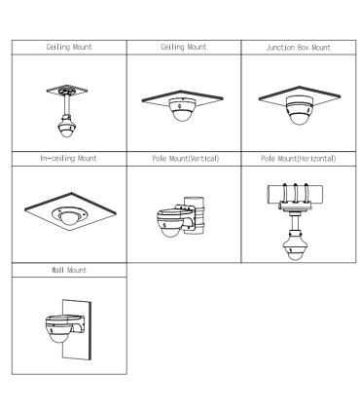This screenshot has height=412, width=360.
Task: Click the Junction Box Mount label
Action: (x=298, y=48)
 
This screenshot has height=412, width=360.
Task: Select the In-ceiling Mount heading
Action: (x=68, y=159)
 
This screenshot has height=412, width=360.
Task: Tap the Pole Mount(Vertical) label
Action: (x=186, y=159)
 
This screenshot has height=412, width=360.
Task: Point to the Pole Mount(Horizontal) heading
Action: (x=299, y=159)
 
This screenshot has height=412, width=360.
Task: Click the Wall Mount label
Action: (x=69, y=270)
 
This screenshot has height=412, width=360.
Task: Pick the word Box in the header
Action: (x=303, y=48)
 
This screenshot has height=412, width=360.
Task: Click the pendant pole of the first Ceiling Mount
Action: (x=67, y=104)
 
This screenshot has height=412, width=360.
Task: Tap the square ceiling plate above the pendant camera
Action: (x=67, y=90)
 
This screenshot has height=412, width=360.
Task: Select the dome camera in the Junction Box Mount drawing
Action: (x=299, y=110)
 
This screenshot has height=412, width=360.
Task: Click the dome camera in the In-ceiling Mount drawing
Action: (x=68, y=215)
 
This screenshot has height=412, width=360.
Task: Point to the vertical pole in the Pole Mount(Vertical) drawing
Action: (x=196, y=214)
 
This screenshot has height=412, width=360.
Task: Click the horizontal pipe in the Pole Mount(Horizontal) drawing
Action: (x=295, y=194)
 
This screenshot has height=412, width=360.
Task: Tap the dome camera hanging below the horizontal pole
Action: (x=295, y=246)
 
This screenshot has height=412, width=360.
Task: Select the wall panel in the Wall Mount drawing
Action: (x=77, y=329)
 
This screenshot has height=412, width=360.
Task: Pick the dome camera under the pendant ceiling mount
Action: (x=67, y=127)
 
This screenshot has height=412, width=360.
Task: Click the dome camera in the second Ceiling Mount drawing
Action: (x=182, y=109)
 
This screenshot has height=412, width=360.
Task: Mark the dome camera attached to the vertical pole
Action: (x=172, y=222)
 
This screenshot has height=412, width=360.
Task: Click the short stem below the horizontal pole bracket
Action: (x=295, y=222)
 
